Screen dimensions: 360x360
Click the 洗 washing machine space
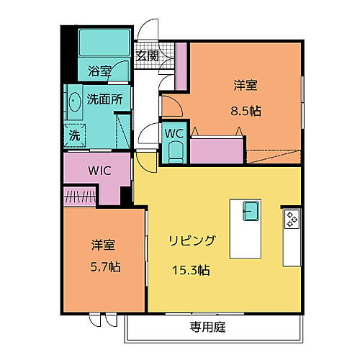coord(75,135)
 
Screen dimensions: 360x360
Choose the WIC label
coord(100,171)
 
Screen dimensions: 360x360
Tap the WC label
coord(176,133)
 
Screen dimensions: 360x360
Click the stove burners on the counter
coord(292,217)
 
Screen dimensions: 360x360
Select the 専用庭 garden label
coord(208,327)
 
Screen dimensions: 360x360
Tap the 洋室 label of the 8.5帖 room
coord(246,85)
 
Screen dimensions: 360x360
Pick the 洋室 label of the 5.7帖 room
coord(104,243)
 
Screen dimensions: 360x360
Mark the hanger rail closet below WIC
coord(79,196)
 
